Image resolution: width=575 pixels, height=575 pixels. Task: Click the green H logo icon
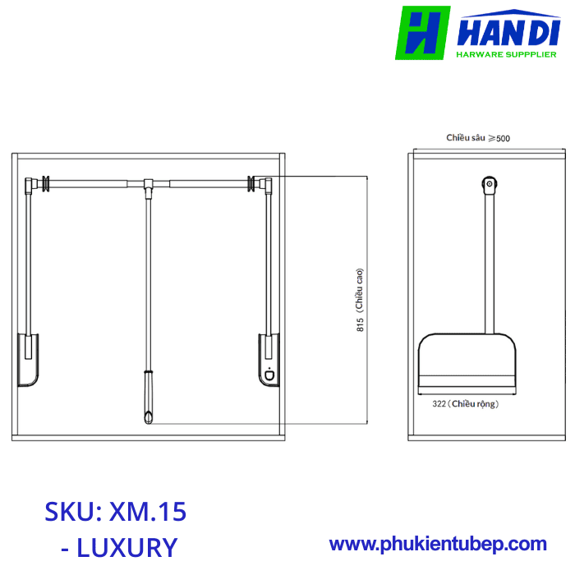point(422,33)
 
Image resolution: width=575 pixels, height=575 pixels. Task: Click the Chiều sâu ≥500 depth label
point(478,138)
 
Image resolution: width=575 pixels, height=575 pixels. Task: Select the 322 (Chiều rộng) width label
point(465,404)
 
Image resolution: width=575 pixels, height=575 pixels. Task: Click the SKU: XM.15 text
point(116,512)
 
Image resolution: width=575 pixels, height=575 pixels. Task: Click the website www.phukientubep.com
point(438,544)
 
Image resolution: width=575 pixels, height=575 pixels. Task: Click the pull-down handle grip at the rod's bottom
point(148,398)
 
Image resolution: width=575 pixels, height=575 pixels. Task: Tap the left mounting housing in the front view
point(26,358)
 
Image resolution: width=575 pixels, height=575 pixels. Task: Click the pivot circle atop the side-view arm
point(490,185)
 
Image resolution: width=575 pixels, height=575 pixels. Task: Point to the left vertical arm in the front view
point(30,263)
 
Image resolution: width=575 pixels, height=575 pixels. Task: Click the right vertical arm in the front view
point(266,263)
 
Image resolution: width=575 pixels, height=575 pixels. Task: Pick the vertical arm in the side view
point(490,263)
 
